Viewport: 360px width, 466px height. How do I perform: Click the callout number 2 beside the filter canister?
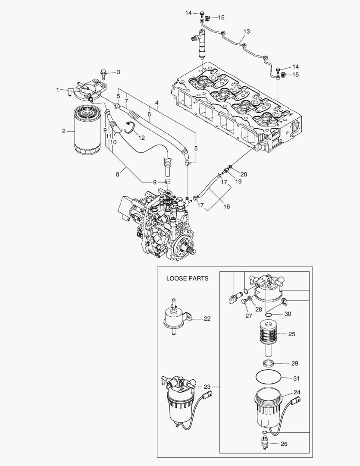(64, 131)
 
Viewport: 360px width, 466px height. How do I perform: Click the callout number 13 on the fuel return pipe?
(247, 31)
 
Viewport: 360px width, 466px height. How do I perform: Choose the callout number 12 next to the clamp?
(142, 137)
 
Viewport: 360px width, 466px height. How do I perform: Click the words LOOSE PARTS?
(187, 278)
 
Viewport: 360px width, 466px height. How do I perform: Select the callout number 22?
(207, 319)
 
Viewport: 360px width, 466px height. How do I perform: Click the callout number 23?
(207, 387)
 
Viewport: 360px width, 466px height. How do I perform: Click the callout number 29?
(294, 364)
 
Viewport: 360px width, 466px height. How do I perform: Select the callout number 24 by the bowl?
(297, 392)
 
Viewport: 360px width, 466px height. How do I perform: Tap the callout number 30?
(288, 314)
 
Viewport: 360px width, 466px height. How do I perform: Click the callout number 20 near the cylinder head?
(244, 174)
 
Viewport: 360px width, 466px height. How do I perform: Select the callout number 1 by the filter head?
(57, 89)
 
